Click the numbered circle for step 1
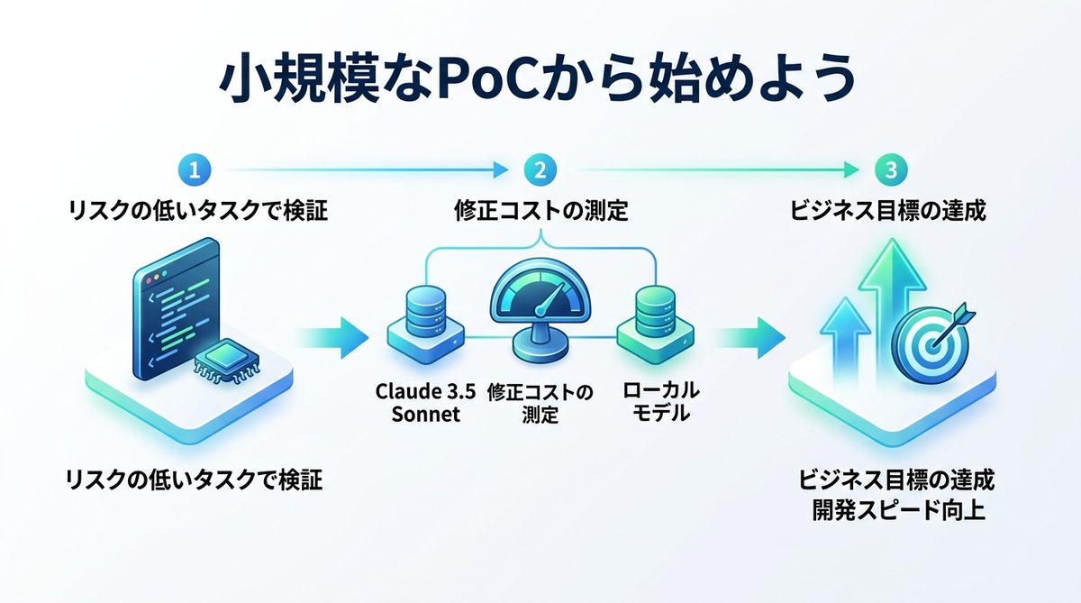click(196, 169)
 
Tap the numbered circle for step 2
click(540, 169)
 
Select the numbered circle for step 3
click(888, 169)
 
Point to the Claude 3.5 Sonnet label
click(418, 403)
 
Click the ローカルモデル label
click(660, 403)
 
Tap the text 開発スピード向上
click(897, 510)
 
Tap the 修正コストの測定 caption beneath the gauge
click(540, 403)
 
